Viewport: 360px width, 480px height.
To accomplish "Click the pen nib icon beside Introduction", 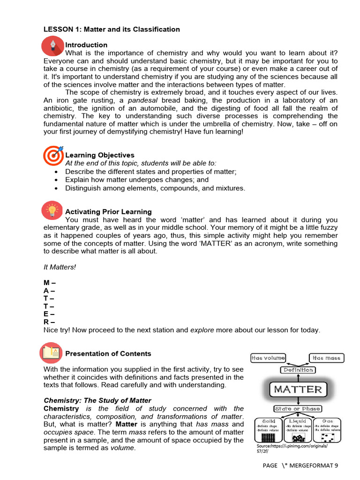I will (x=52, y=45).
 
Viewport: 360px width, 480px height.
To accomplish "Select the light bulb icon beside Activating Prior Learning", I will (x=52, y=211).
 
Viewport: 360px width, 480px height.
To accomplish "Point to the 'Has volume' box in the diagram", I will (x=268, y=358).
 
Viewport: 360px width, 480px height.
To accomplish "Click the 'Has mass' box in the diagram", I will (x=327, y=358).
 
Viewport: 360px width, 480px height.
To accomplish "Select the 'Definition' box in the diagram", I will (x=298, y=370).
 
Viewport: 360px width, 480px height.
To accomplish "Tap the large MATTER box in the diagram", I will (x=298, y=390).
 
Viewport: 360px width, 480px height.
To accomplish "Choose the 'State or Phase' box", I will (x=298, y=409).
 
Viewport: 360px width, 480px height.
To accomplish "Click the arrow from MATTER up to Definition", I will (x=298, y=378).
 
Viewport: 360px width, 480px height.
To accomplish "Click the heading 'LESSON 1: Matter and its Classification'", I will (x=112, y=29).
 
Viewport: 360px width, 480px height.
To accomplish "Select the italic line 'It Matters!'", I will (x=60, y=267).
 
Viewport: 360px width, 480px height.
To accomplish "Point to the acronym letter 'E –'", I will (x=49, y=314).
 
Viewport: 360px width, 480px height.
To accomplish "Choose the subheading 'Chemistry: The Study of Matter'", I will (x=97, y=400).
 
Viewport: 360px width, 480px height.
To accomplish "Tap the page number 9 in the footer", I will (x=336, y=465).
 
